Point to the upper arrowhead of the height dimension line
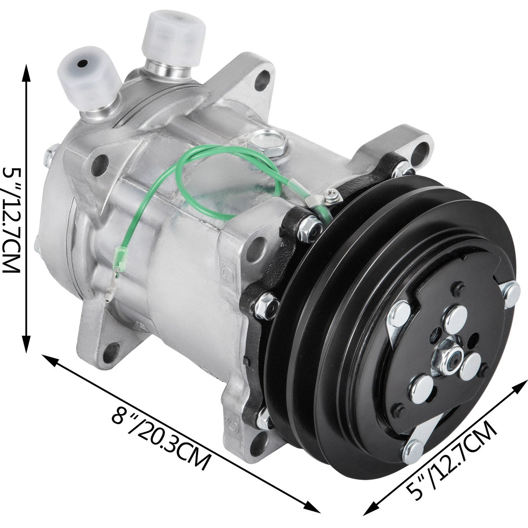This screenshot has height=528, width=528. (26, 70)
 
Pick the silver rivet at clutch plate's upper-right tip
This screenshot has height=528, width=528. (512, 291)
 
